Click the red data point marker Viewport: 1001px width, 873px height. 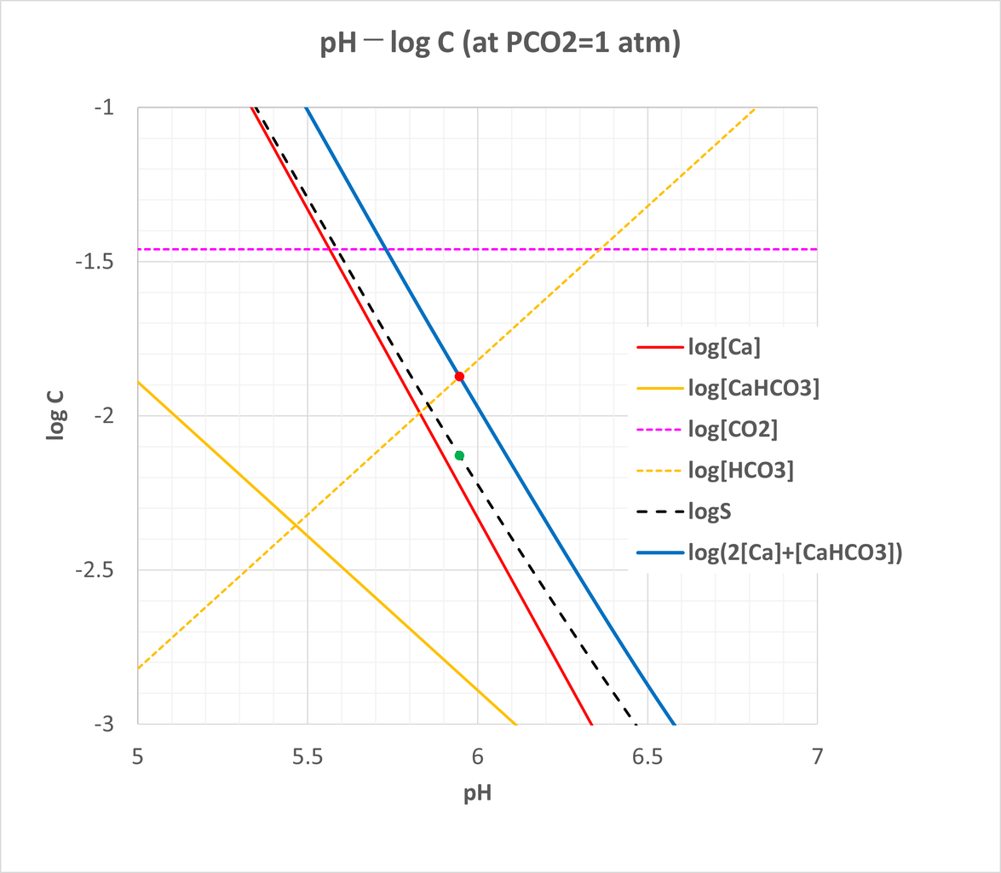coord(459,376)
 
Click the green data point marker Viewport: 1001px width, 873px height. coord(459,455)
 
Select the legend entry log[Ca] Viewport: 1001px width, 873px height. coord(724,347)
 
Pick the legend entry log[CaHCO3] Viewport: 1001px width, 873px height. coord(753,389)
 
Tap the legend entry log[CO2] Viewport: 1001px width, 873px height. coord(733,431)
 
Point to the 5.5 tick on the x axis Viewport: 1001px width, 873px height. coord(308,756)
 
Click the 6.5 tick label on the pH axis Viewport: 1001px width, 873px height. coord(647,756)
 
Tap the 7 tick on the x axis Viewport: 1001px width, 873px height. coord(817,756)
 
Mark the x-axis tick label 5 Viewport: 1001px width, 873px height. coord(138,756)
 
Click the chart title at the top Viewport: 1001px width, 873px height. coord(499,44)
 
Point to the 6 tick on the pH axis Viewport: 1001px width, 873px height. coord(477,756)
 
